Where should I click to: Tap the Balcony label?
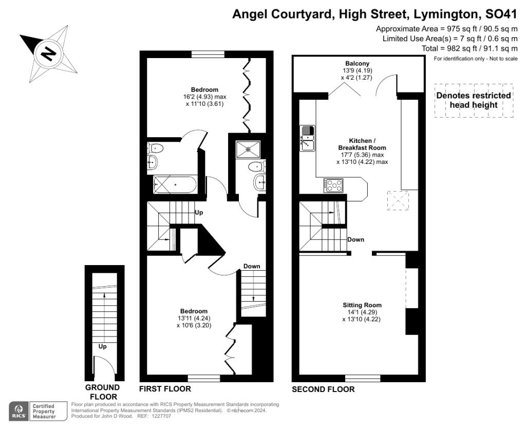[x=357, y=63]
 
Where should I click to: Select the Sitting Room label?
[x=362, y=305]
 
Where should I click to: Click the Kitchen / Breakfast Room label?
[x=362, y=144]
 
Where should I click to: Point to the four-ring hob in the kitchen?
[x=333, y=185]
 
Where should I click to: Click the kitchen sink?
[x=308, y=138]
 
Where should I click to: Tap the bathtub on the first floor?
[x=175, y=184]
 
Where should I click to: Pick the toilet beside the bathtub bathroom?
[x=155, y=147]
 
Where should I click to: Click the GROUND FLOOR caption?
[x=102, y=392]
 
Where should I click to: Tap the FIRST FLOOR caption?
[x=165, y=389]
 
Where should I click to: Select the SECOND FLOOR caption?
[x=323, y=389]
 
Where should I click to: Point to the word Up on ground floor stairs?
[x=102, y=346]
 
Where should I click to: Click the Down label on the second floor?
[x=355, y=239]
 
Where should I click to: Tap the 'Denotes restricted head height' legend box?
[x=474, y=100]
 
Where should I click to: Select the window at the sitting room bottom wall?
[x=363, y=378]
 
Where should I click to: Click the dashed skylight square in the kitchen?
[x=398, y=200]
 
